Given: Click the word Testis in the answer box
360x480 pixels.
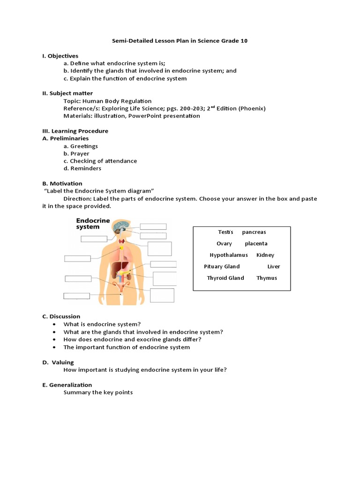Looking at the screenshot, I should click(x=225, y=232).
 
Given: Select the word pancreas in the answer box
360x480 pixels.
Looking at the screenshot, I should click(x=254, y=232).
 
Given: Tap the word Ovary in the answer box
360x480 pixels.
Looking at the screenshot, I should click(x=224, y=244).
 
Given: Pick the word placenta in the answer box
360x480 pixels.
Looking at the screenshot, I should click(x=256, y=244).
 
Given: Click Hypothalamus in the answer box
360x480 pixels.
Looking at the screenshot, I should click(x=229, y=255).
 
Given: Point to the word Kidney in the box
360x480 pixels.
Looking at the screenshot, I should click(x=265, y=255).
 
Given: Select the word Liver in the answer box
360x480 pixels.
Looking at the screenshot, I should click(x=273, y=267).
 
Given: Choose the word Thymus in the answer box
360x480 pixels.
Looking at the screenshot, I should click(x=267, y=278).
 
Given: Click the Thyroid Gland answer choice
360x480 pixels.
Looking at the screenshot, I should click(x=225, y=278).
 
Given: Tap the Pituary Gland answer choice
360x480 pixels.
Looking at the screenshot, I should click(x=222, y=267).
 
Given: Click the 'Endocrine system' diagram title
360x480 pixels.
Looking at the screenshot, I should click(x=93, y=224).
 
